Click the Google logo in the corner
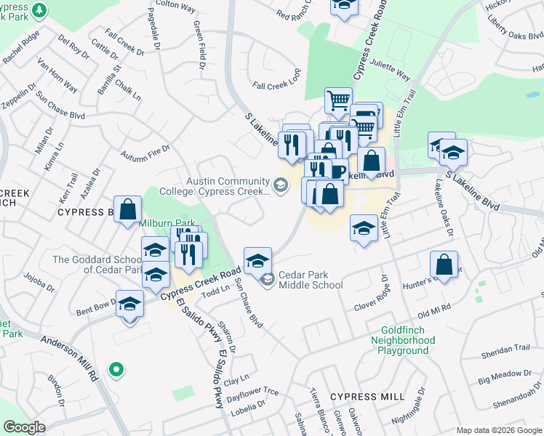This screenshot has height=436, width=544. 24,427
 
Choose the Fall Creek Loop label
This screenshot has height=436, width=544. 276,85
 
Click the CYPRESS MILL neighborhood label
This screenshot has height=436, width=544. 367,397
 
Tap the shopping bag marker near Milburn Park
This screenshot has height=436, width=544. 127,209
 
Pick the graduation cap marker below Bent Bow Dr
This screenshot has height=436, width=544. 130,305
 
